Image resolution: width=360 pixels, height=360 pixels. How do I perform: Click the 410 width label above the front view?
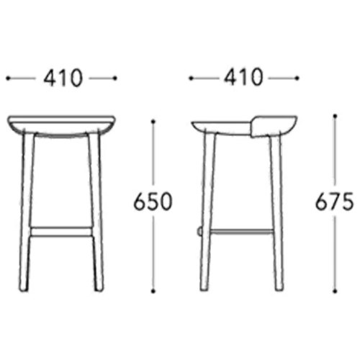pyautogui.click(x=63, y=78)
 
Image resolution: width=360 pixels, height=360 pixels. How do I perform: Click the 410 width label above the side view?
pyautogui.click(x=243, y=77)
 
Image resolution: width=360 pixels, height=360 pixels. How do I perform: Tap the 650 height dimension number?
pyautogui.click(x=153, y=202)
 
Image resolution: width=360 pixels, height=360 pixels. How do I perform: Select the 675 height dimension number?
pyautogui.click(x=334, y=202)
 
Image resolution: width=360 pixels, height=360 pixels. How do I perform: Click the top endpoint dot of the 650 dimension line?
pyautogui.click(x=153, y=122)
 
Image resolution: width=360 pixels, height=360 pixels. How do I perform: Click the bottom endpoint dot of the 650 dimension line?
pyautogui.click(x=153, y=292)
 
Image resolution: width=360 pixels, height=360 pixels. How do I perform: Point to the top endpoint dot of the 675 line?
pyautogui.click(x=335, y=116)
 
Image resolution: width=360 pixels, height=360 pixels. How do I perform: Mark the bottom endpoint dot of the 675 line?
pyautogui.click(x=335, y=292)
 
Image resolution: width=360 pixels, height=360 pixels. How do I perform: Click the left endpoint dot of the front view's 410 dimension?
pyautogui.click(x=8, y=78)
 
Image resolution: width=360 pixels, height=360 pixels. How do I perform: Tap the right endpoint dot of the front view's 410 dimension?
pyautogui.click(x=115, y=78)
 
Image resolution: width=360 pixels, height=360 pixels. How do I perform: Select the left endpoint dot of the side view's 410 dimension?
pyautogui.click(x=191, y=78)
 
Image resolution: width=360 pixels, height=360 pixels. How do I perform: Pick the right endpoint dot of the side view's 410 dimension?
pyautogui.click(x=297, y=78)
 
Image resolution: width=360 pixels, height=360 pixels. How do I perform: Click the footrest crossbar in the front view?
pyautogui.click(x=60, y=232)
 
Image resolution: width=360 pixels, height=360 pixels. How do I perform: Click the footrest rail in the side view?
pyautogui.click(x=241, y=232)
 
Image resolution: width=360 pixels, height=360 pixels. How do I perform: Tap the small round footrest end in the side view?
pyautogui.click(x=199, y=232)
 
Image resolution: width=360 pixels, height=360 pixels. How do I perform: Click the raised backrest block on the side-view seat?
pyautogui.click(x=274, y=127)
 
